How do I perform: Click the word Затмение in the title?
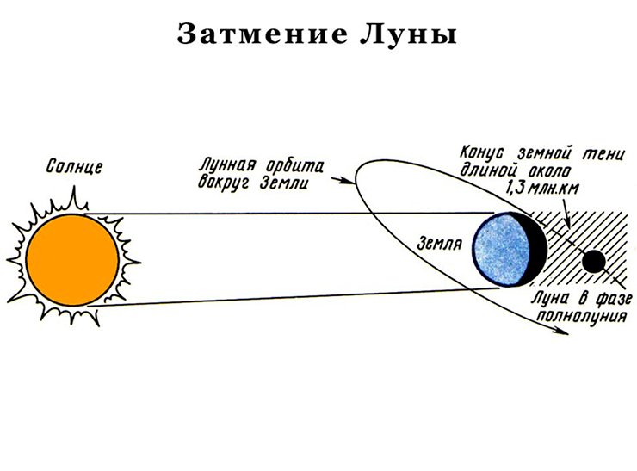tap(263, 34)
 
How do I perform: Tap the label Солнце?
tap(74, 167)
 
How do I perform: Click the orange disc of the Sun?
tap(72, 260)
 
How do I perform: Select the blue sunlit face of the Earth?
tap(502, 249)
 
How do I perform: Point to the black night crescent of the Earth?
tap(538, 250)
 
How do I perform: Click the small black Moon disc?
tap(594, 261)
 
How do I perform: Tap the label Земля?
tap(440, 244)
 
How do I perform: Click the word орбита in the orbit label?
tap(295, 167)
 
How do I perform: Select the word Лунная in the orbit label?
tap(227, 165)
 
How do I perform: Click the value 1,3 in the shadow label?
tap(517, 189)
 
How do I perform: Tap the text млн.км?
tap(556, 189)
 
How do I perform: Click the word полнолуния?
tap(582, 316)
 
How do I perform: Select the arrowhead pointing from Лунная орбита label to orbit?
tap(349, 181)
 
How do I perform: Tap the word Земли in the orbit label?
tap(284, 183)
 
